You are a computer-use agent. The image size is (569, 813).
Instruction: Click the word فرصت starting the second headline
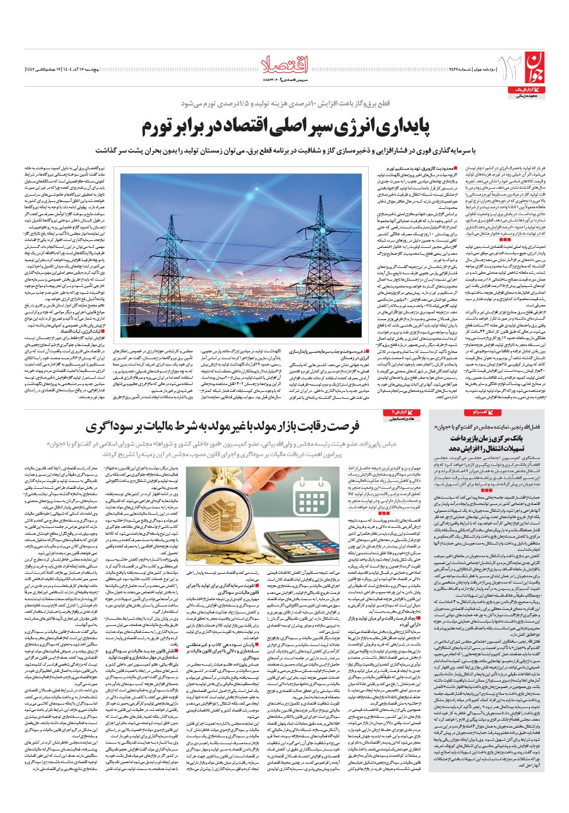(x=344, y=426)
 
